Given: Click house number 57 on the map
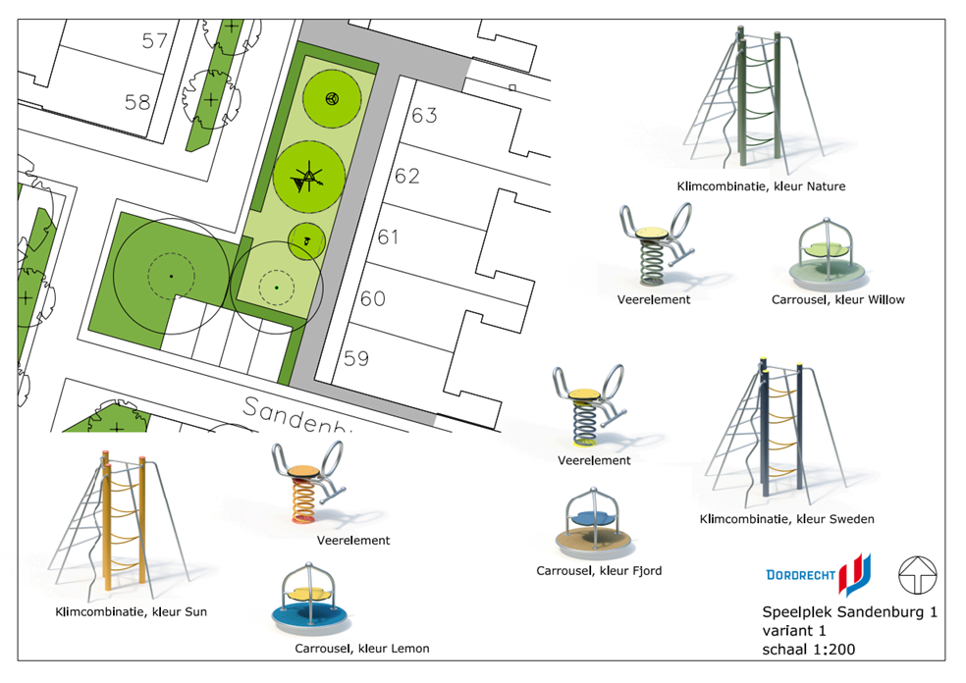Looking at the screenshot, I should click(x=155, y=41).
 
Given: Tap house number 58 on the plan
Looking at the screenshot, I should click(x=137, y=102).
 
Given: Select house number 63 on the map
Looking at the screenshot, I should click(x=424, y=116).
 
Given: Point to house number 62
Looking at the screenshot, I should click(x=406, y=177).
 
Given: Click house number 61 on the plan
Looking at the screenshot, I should click(x=389, y=237).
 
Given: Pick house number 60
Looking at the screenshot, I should click(x=372, y=298).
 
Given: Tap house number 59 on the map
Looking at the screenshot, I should click(x=355, y=358).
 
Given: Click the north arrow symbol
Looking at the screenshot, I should click(x=918, y=575).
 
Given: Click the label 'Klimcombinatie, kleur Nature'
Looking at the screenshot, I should click(x=761, y=185).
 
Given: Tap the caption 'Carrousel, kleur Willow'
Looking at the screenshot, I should click(x=837, y=299).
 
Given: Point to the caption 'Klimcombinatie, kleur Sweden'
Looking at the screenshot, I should click(x=785, y=518).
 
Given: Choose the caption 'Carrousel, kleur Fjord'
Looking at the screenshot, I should click(x=599, y=570).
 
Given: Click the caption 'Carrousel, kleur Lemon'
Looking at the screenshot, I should click(x=361, y=648).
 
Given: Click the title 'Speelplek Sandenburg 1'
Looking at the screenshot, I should click(x=849, y=611).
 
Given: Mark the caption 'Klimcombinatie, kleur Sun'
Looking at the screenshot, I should click(x=131, y=611).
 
